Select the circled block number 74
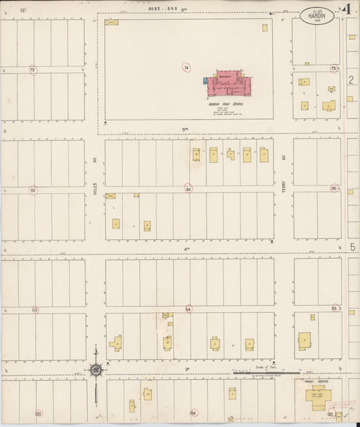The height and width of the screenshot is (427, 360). (x=186, y=68)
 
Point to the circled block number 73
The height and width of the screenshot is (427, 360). (x=32, y=70)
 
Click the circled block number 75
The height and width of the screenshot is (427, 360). (x=334, y=68)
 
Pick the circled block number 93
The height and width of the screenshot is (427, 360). (x=32, y=191)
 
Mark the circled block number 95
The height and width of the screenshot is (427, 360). (x=334, y=189)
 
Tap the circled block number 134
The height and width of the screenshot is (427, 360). (x=194, y=412)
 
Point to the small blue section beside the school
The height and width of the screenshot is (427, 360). (x=206, y=80)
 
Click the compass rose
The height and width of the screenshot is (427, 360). (x=97, y=370)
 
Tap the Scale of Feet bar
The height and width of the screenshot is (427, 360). (x=257, y=372)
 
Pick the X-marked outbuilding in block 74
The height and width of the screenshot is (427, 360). (x=111, y=22)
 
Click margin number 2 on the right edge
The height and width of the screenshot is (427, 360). (x=351, y=80)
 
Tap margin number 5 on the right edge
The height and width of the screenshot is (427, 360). (x=351, y=247)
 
